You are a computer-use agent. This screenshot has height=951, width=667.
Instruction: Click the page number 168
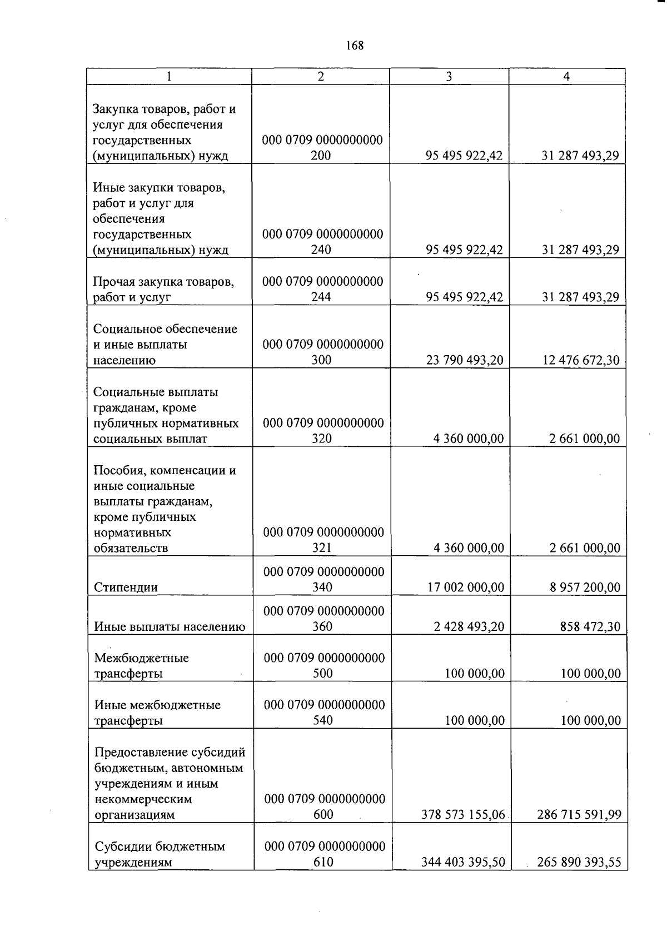pos(354,46)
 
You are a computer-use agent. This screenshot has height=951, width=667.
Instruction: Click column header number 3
pos(449,77)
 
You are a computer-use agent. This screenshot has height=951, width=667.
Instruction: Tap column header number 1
pos(169,77)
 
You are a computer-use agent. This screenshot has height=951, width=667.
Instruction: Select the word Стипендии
pos(126,587)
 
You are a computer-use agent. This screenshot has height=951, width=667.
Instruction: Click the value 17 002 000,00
pos(466,587)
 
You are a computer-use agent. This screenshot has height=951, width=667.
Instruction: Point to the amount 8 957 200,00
pos(585,587)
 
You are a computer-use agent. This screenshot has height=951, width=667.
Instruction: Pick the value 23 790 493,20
pos(465,360)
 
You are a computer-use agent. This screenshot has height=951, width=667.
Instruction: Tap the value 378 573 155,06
pos(463,815)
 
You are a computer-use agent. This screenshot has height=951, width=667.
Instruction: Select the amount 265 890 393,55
pos(579,863)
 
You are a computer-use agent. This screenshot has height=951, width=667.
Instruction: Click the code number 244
pos(321,297)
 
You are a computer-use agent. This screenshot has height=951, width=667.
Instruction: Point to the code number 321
pos(322,548)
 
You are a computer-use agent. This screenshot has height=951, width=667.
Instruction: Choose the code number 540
pos(323,720)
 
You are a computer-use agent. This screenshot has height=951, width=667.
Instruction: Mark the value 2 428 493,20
pos(469,627)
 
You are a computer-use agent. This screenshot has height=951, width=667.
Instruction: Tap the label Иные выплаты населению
pos(170,627)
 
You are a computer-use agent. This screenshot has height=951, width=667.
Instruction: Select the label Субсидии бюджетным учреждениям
pos(160,854)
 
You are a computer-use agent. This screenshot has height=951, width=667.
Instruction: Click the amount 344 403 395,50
pos(463,863)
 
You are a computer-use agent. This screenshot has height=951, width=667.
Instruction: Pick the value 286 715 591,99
pos(579,815)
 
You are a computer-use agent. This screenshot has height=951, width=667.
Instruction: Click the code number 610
pos(323,863)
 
